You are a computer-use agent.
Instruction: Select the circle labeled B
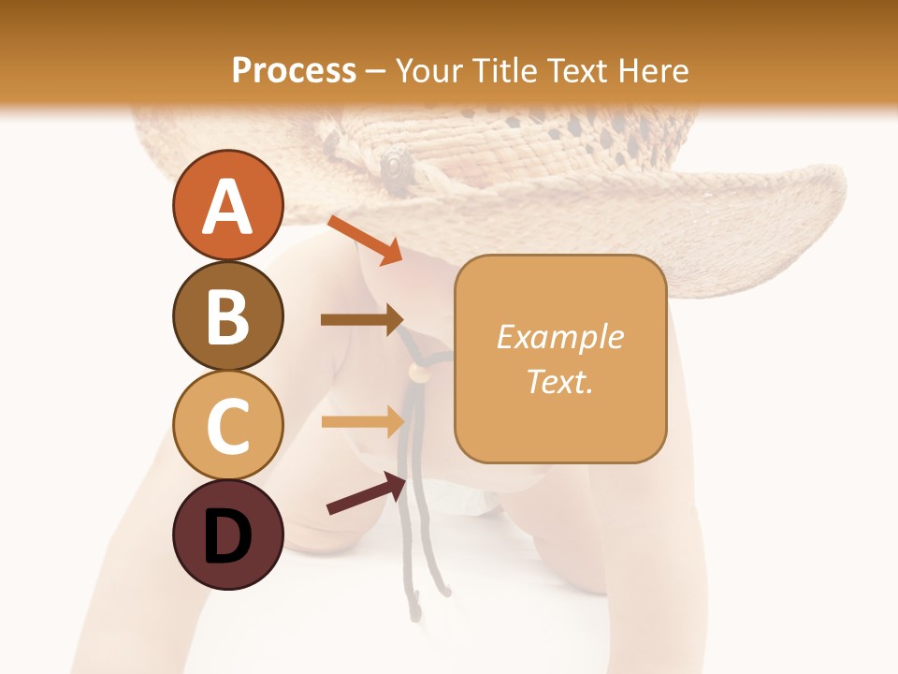[227, 315]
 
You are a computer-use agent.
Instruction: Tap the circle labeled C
[227, 426]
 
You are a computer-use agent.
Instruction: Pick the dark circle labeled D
[227, 535]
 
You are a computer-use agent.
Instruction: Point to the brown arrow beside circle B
[362, 319]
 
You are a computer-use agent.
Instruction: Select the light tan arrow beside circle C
[362, 420]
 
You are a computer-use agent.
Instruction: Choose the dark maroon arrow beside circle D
[365, 493]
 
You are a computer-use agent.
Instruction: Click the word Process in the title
[294, 70]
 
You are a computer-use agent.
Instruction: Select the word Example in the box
[559, 337]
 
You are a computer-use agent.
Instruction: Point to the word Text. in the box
[559, 381]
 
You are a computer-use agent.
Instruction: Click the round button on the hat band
[396, 167]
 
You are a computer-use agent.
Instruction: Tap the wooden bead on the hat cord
[416, 373]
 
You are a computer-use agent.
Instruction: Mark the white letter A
[227, 207]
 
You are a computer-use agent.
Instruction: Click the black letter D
[227, 537]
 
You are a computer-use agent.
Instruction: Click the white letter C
[227, 427]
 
